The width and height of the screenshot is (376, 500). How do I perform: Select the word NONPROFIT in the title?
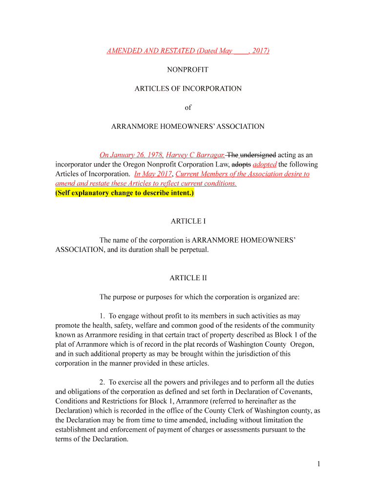point(188,70)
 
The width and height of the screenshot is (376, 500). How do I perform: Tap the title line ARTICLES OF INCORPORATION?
point(188,88)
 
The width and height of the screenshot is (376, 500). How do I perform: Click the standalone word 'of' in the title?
point(188,107)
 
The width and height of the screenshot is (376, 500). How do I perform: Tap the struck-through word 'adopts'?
point(241,165)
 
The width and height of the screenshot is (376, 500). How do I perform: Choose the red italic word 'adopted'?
point(265,165)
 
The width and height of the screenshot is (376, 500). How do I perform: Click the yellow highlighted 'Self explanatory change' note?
point(125,193)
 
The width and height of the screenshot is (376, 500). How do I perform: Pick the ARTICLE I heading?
point(188,221)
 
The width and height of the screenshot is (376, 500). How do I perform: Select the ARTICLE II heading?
point(188,278)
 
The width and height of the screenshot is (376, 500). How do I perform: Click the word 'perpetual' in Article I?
point(194,250)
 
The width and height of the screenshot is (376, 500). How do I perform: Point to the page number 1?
point(318,464)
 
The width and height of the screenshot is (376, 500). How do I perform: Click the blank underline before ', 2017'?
point(241,51)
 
